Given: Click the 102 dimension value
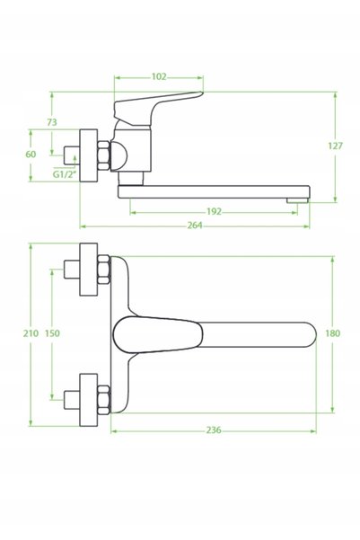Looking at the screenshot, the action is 159,76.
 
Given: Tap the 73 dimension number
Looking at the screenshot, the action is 52,122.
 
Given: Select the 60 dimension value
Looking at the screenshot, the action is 31,155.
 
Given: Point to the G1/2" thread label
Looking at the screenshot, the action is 64,174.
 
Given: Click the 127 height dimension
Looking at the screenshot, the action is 335,146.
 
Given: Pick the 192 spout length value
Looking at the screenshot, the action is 214,211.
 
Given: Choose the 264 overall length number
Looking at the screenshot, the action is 195,226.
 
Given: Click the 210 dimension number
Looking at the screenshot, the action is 31,333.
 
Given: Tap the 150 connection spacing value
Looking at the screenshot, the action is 52,333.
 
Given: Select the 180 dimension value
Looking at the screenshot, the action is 332,333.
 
